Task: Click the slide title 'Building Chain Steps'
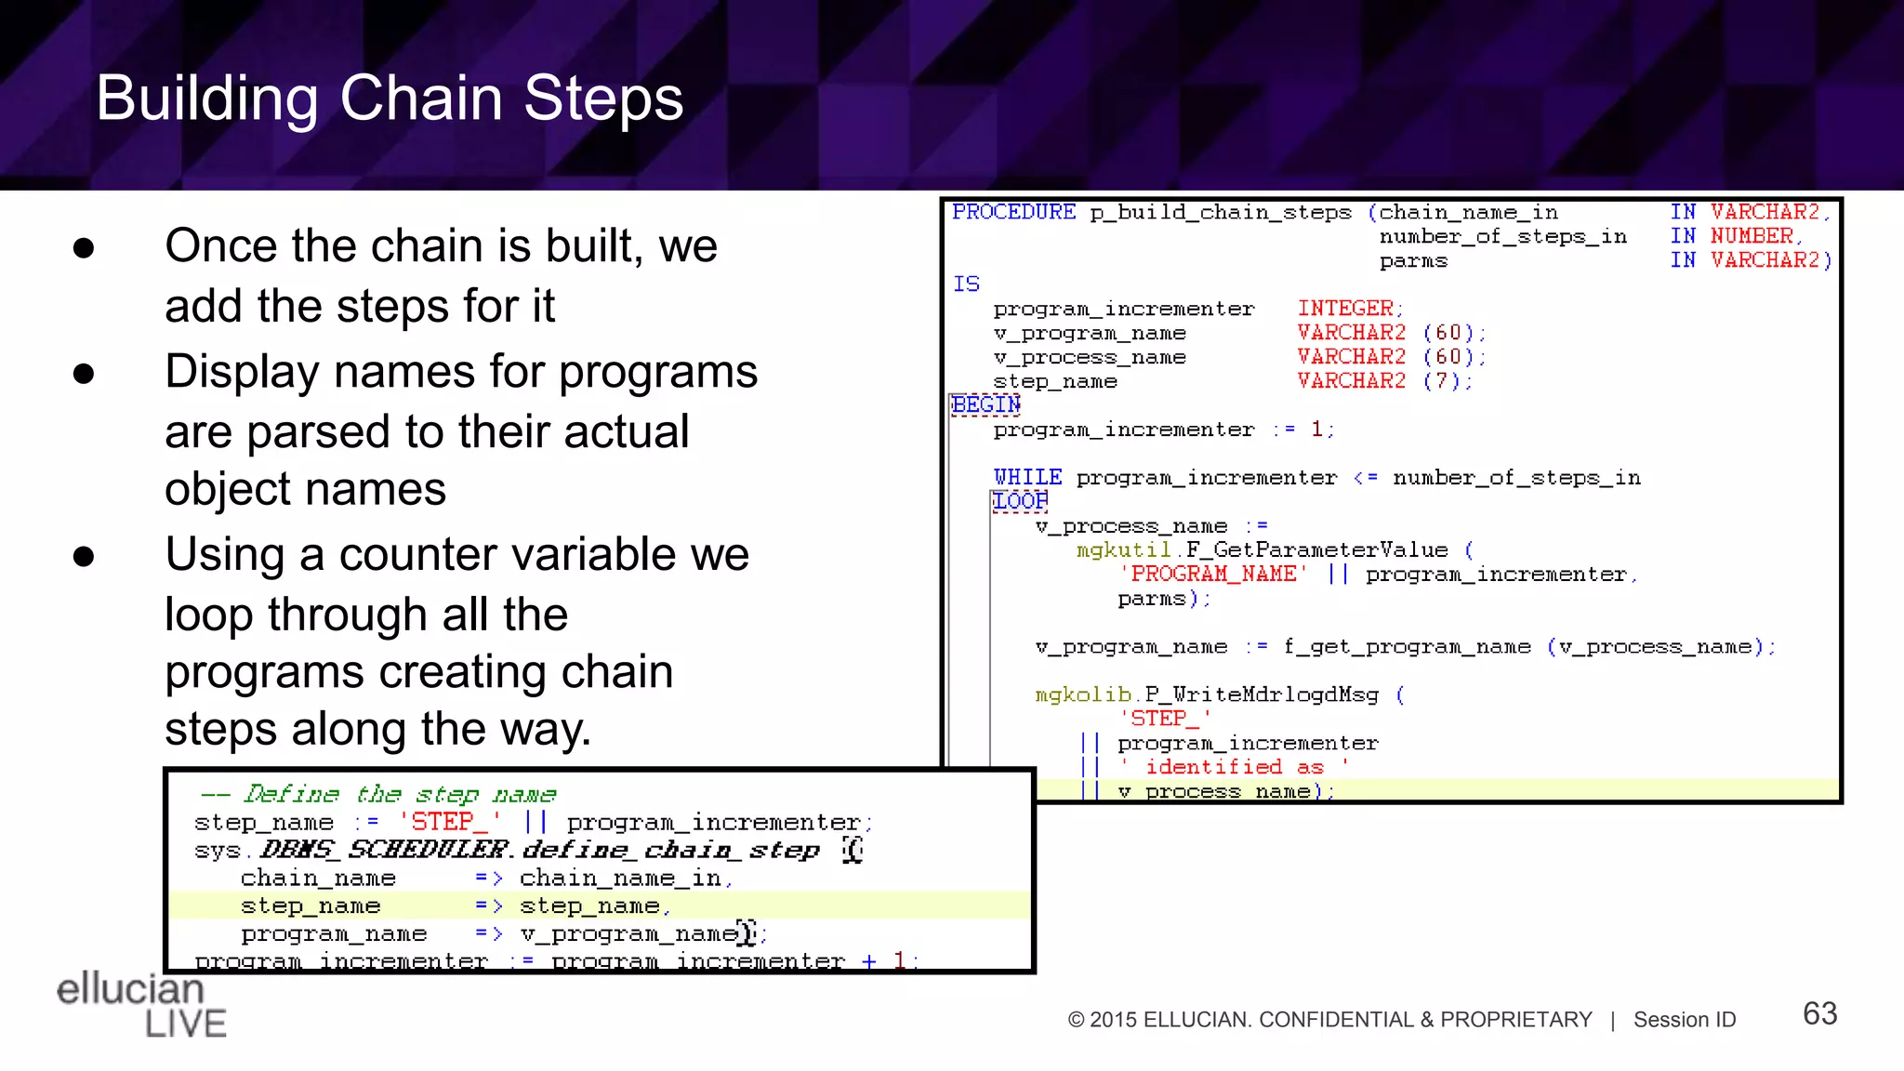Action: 390,98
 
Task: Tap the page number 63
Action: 1819,1013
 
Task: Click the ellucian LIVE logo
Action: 140,1005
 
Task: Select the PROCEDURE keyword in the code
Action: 1013,212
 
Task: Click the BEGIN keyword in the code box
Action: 985,405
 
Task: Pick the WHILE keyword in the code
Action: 1027,477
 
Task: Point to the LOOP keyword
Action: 1020,501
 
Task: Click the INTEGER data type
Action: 1345,308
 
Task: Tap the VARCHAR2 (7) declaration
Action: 1383,381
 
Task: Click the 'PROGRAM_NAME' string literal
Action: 1213,574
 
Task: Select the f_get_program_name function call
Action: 1407,646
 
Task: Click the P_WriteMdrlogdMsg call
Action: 1262,694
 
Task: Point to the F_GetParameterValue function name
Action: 1316,549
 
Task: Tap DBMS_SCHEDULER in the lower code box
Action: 385,850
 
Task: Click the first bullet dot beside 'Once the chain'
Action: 84,248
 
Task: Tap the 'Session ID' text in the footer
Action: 1685,1020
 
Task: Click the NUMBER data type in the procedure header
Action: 1752,236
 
